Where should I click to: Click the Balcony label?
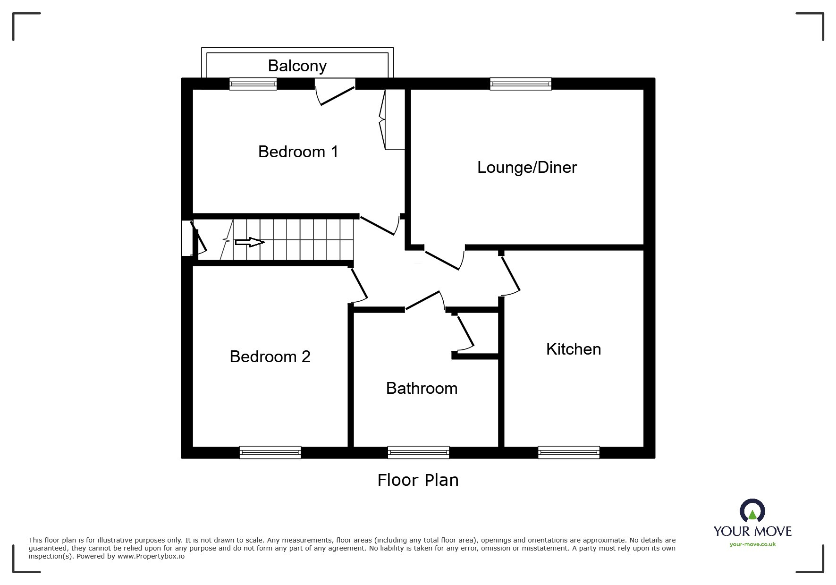point(297,66)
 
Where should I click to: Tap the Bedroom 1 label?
point(298,152)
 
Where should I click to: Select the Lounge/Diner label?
point(527,167)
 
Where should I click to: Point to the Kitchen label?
point(573,349)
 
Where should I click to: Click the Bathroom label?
point(422,388)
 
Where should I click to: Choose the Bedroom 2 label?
point(270,356)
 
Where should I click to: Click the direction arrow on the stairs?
point(249,242)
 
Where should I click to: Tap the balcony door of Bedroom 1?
point(336,93)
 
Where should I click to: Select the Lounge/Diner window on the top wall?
point(520,84)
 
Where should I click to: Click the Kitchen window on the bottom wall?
point(569,452)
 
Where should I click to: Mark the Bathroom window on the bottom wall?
point(418,452)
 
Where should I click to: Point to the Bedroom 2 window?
point(270,452)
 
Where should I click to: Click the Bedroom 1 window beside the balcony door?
point(253,84)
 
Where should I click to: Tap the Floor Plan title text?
point(418,480)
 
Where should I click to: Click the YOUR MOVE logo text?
point(752,531)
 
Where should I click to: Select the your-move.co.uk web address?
point(752,544)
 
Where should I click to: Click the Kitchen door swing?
point(511,276)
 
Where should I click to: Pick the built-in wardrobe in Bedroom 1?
point(395,119)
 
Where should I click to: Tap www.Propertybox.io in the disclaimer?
point(151,556)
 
